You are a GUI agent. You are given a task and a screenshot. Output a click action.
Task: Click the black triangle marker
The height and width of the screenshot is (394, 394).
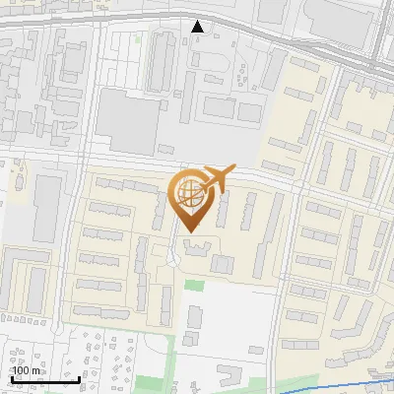coord(198,27)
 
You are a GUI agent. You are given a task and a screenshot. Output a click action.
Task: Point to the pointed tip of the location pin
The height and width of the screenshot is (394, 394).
coord(187,230)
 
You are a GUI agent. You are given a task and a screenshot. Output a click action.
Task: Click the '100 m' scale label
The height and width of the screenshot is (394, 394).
coord(27,370)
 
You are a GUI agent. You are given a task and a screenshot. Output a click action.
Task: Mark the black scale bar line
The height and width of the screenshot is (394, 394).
coord(45,378)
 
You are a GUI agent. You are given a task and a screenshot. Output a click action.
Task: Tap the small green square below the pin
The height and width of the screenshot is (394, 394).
coord(194,285)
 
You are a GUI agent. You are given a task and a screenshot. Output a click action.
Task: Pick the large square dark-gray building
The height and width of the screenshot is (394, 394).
coord(127,120)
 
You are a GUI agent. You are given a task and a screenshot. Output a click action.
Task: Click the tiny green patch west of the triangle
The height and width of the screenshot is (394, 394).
coord(138,39)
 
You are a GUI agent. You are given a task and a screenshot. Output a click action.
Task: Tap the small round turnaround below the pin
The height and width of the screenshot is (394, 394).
coord(173,258)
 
